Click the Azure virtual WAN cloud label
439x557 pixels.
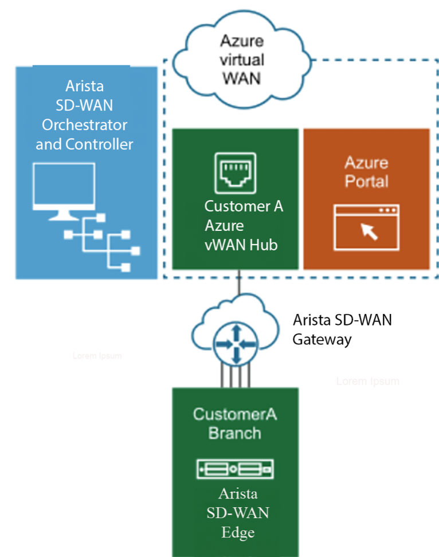pyautogui.click(x=241, y=59)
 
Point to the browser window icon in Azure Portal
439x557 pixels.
pyautogui.click(x=366, y=227)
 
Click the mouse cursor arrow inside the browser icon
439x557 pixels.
pyautogui.click(x=367, y=231)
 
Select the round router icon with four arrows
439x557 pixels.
pyautogui.click(x=235, y=344)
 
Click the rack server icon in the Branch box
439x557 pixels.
pyautogui.click(x=235, y=469)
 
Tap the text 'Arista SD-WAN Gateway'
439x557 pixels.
pyautogui.click(x=342, y=329)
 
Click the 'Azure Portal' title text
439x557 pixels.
pyautogui.click(x=366, y=172)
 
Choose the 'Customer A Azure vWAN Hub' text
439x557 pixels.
pyautogui.click(x=243, y=226)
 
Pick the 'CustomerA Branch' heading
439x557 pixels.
pyautogui.click(x=234, y=423)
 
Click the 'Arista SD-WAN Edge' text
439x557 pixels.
pyautogui.click(x=238, y=513)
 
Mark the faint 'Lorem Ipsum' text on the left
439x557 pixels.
pyautogui.click(x=97, y=356)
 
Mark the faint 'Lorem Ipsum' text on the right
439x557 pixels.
pyautogui.click(x=367, y=381)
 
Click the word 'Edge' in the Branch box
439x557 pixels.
pyautogui.click(x=238, y=532)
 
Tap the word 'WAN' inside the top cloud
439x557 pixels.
pyautogui.click(x=241, y=77)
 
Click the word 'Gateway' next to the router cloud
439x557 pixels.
pyautogui.click(x=322, y=339)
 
